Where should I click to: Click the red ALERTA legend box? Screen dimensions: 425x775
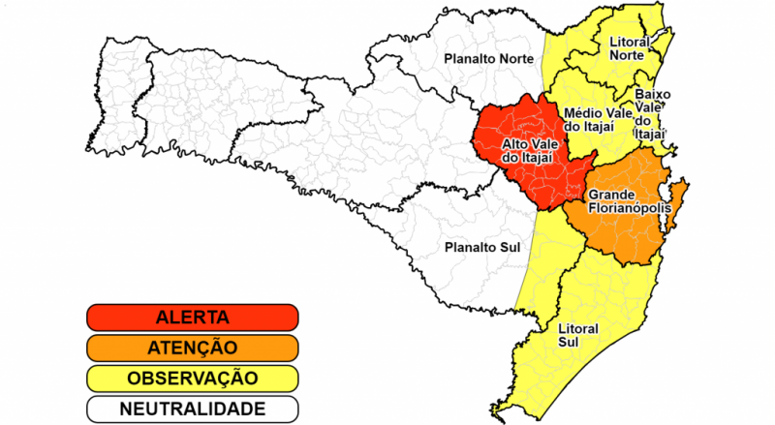pyautogui.click(x=192, y=317)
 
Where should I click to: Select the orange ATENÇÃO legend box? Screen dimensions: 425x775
pyautogui.click(x=192, y=347)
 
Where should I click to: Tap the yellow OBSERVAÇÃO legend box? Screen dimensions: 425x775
pyautogui.click(x=192, y=378)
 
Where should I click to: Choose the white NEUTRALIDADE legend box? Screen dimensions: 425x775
pyautogui.click(x=192, y=408)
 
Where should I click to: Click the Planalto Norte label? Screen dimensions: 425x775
pyautogui.click(x=488, y=59)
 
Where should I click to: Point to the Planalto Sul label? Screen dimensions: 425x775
pyautogui.click(x=481, y=247)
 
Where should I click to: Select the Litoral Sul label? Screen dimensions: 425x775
pyautogui.click(x=578, y=335)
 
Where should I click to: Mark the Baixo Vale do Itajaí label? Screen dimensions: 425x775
pyautogui.click(x=652, y=115)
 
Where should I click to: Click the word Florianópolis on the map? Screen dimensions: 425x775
pyautogui.click(x=625, y=209)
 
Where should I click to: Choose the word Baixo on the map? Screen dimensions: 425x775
pyautogui.click(x=653, y=95)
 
